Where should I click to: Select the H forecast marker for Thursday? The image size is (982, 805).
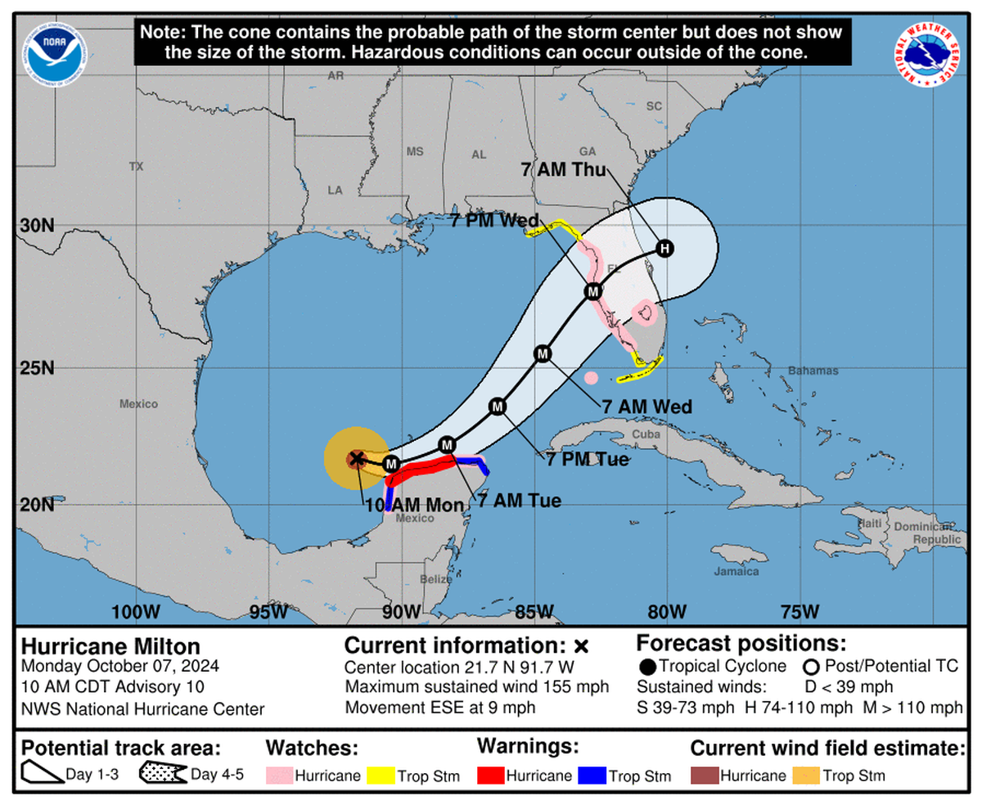[x=664, y=248]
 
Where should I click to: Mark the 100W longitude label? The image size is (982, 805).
[x=137, y=611]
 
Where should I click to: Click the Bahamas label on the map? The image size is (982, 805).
[x=813, y=371]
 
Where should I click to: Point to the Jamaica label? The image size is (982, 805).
[x=736, y=571]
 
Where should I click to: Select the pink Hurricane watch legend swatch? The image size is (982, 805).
[x=278, y=775]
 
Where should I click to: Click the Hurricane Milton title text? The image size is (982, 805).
[x=110, y=647]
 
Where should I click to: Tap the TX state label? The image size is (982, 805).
[x=136, y=166]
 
